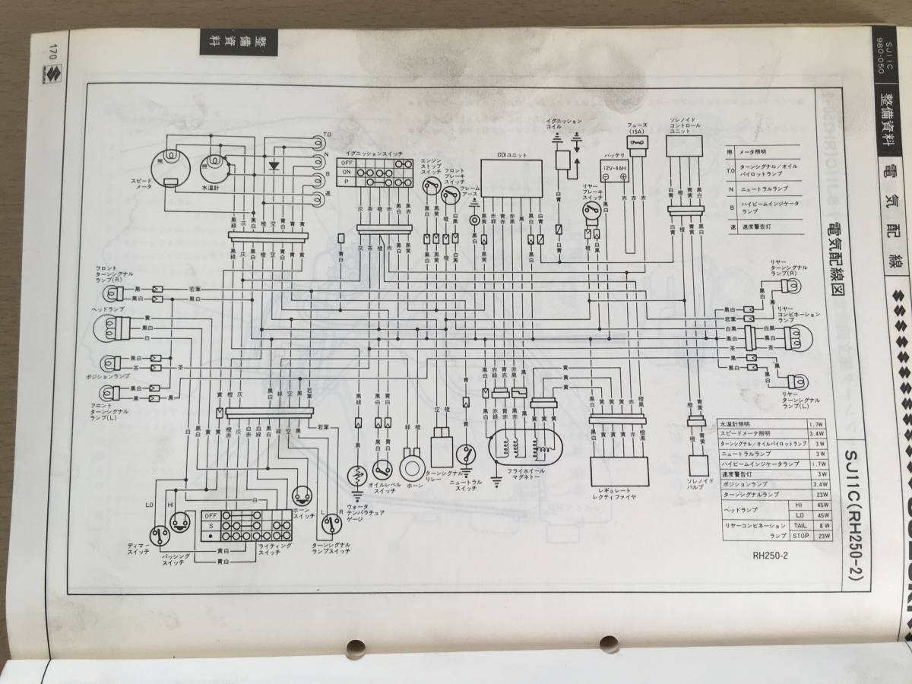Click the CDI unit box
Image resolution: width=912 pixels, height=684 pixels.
511,176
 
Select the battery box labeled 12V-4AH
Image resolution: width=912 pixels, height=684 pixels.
615,172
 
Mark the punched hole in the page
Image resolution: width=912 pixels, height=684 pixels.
354,649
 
